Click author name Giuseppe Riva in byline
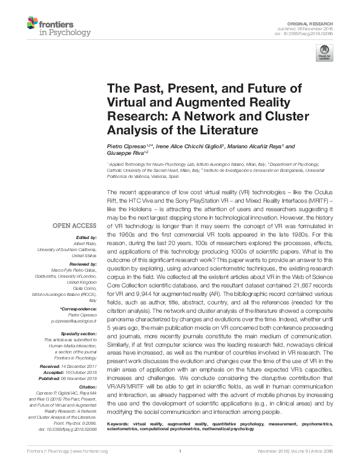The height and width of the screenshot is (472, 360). point(123,154)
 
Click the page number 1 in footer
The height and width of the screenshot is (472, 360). point(180,468)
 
